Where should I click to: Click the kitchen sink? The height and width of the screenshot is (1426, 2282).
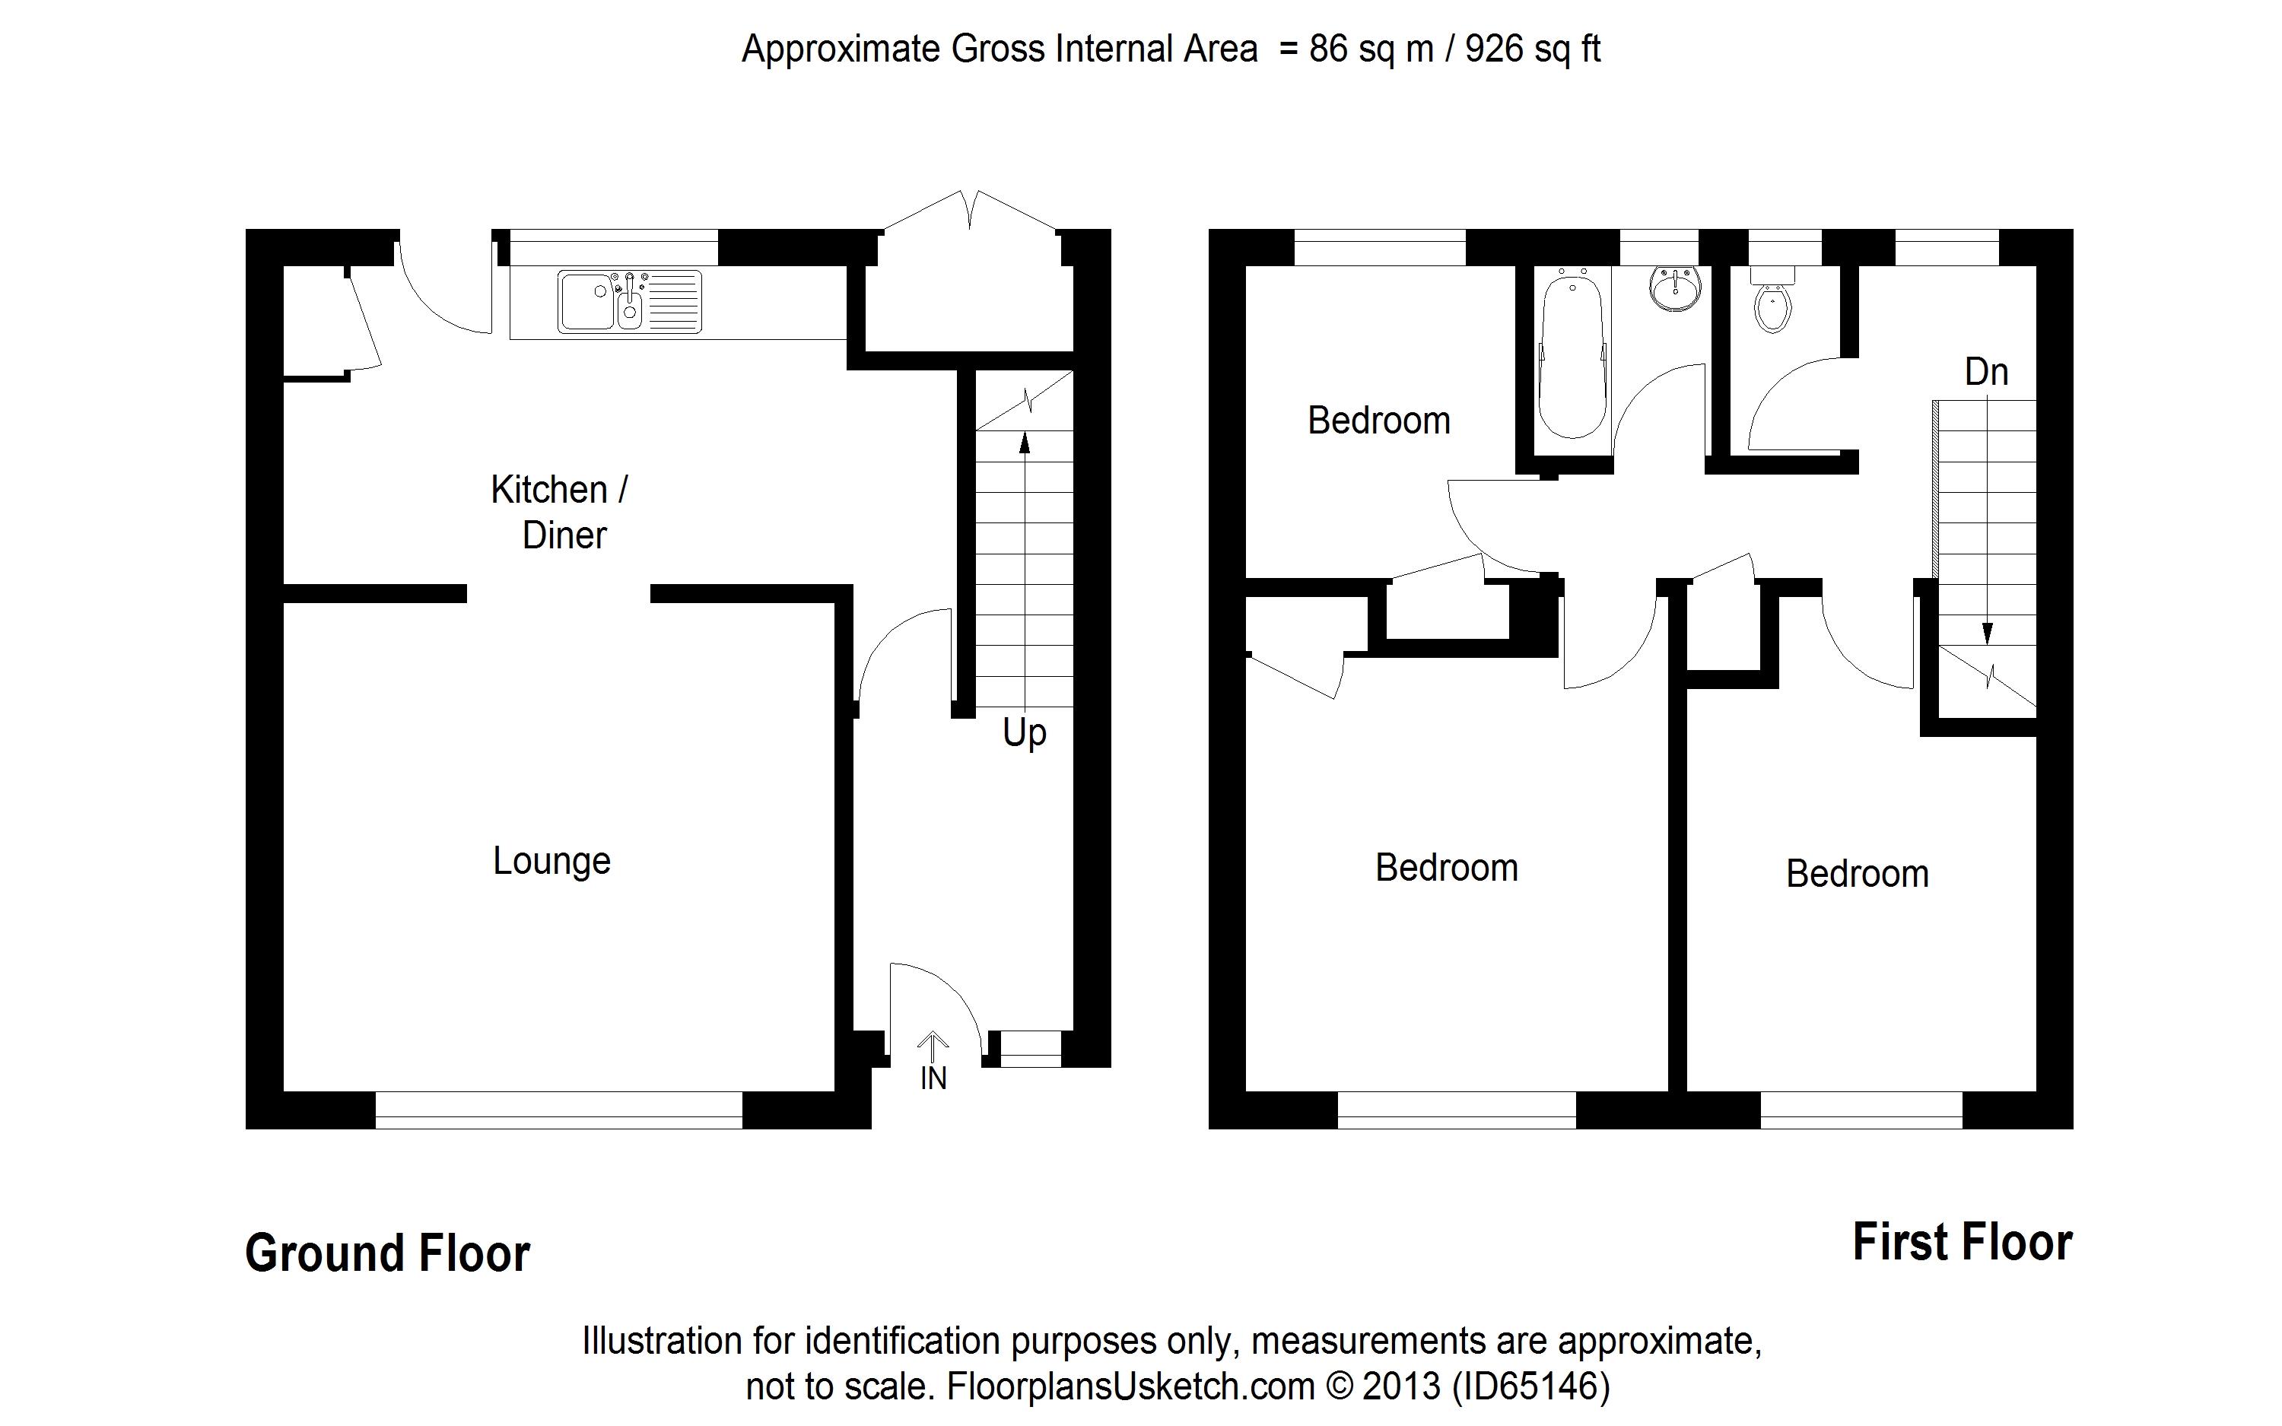(x=629, y=301)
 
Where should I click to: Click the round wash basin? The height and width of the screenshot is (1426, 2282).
(x=1675, y=287)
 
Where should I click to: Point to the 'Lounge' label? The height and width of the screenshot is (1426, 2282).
(x=551, y=861)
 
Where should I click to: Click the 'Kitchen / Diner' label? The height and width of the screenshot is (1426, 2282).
(x=560, y=512)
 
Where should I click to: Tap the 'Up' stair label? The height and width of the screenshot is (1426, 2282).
(x=1024, y=733)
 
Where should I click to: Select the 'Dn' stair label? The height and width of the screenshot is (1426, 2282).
(x=1986, y=372)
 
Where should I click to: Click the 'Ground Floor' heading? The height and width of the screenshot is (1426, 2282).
(x=388, y=1253)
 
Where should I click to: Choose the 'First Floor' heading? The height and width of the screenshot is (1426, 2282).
(x=1963, y=1242)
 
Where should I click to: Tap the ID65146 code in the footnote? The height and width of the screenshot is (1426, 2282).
(x=1530, y=1386)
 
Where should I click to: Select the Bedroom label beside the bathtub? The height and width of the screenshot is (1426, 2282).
(x=1378, y=421)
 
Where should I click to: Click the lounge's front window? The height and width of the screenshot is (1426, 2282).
(x=558, y=1110)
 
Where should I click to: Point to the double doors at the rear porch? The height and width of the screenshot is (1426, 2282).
(x=971, y=212)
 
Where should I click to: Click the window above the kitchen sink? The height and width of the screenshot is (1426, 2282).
(x=614, y=247)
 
